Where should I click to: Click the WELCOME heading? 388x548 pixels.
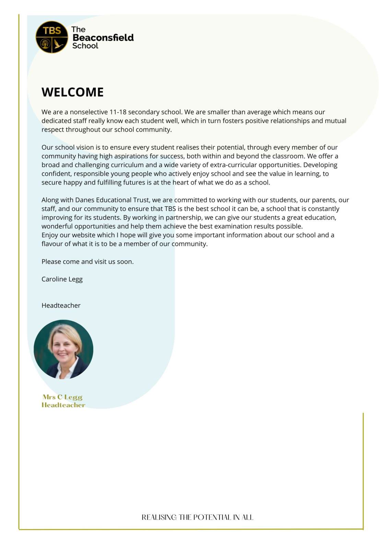[x=72, y=92]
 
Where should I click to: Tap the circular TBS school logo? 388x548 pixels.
[x=52, y=37]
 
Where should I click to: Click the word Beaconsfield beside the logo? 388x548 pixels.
[x=103, y=38]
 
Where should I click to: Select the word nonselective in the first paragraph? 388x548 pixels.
[x=89, y=112]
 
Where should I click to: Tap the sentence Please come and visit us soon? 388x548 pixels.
[x=87, y=262]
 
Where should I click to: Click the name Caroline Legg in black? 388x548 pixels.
[x=62, y=279]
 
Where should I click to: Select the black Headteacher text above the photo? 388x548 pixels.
[x=61, y=306]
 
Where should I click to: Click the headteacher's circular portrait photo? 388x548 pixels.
[x=63, y=349]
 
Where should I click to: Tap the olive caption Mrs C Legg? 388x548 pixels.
[x=63, y=397]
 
